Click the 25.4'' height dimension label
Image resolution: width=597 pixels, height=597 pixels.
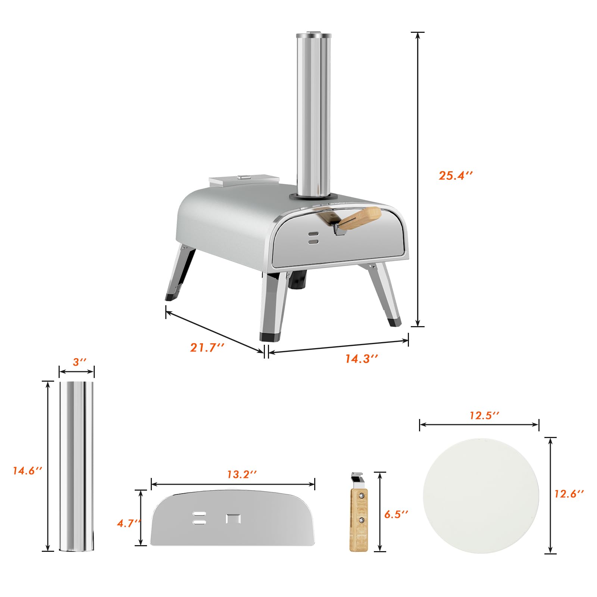pyautogui.click(x=455, y=175)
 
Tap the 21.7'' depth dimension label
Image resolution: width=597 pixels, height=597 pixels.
pyautogui.click(x=207, y=347)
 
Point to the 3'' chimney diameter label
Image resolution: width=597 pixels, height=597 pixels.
pyautogui.click(x=79, y=362)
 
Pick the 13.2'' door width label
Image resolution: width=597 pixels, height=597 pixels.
pyautogui.click(x=242, y=474)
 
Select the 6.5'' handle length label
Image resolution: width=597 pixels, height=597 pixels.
pyautogui.click(x=396, y=514)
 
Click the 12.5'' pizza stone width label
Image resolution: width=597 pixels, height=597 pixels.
pyautogui.click(x=484, y=415)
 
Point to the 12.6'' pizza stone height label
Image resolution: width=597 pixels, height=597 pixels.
pyautogui.click(x=569, y=494)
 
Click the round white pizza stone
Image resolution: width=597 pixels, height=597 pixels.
pyautogui.click(x=481, y=496)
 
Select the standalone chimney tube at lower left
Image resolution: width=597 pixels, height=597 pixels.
pyautogui.click(x=77, y=466)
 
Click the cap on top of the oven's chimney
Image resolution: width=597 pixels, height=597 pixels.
pyautogui.click(x=313, y=36)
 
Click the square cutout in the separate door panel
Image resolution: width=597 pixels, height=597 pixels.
pyautogui.click(x=233, y=519)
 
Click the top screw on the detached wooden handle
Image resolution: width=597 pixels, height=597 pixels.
pyautogui.click(x=361, y=496)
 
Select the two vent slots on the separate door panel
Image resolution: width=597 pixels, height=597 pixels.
pyautogui.click(x=199, y=518)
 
